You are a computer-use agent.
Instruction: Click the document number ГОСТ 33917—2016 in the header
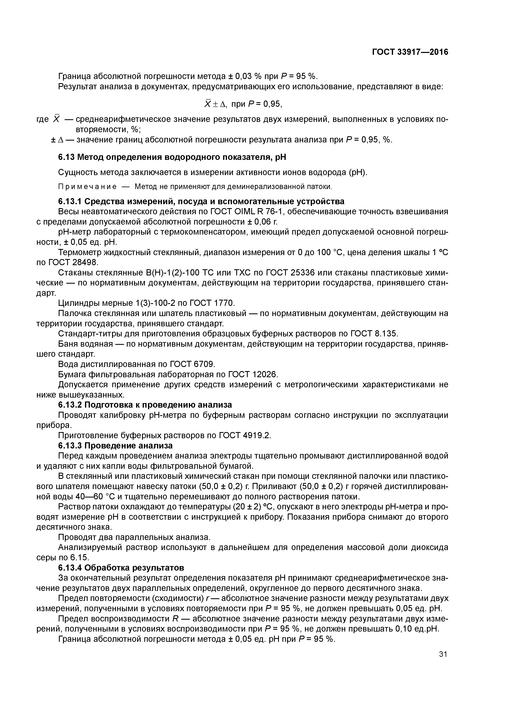point(410,52)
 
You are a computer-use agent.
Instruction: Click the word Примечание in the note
point(87,187)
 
